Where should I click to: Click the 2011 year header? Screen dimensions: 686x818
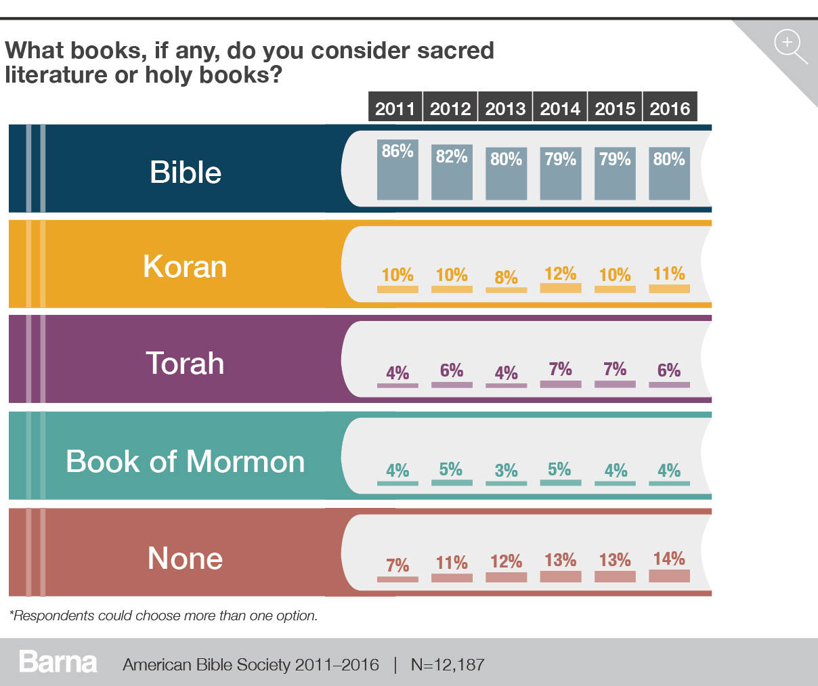pyautogui.click(x=395, y=108)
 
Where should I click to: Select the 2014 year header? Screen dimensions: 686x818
pyautogui.click(x=560, y=108)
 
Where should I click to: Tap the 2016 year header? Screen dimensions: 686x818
pyautogui.click(x=670, y=108)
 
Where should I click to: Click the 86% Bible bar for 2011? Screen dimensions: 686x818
pyautogui.click(x=397, y=170)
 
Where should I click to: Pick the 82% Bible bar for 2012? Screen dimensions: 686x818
pyautogui.click(x=452, y=172)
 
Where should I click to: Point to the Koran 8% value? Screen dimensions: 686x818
pyautogui.click(x=506, y=277)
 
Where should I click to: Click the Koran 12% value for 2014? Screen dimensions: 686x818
pyautogui.click(x=561, y=274)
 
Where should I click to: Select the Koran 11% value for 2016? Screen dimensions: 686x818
pyautogui.click(x=669, y=274)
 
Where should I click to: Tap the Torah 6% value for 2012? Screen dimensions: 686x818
pyautogui.click(x=452, y=370)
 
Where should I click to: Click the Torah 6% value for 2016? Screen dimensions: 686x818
pyautogui.click(x=669, y=370)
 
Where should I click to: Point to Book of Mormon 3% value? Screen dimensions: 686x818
pyautogui.click(x=506, y=471)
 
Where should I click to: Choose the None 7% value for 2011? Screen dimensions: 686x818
pyautogui.click(x=397, y=565)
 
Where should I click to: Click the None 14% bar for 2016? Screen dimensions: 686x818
pyautogui.click(x=669, y=576)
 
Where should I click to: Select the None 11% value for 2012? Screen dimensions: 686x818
pyautogui.click(x=452, y=563)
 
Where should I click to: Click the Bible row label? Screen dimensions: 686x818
pyautogui.click(x=186, y=173)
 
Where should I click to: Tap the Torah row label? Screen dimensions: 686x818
pyautogui.click(x=185, y=364)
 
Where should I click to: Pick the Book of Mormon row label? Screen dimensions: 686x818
pyautogui.click(x=185, y=462)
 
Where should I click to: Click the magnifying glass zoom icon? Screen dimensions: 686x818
pyautogui.click(x=790, y=45)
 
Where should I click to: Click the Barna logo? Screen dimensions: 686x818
pyautogui.click(x=58, y=662)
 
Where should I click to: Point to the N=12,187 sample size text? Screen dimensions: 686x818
pyautogui.click(x=448, y=664)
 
